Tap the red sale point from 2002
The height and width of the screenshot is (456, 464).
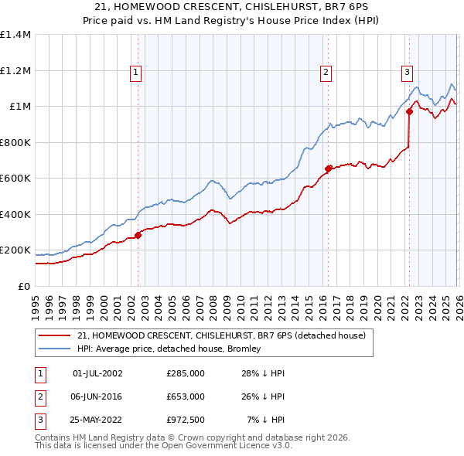pyautogui.click(x=138, y=235)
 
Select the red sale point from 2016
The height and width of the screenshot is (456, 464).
pyautogui.click(x=328, y=168)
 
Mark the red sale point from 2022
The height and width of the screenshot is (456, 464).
pyautogui.click(x=409, y=111)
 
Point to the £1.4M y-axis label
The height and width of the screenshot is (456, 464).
pyautogui.click(x=15, y=35)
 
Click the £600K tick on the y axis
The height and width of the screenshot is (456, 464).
pyautogui.click(x=15, y=178)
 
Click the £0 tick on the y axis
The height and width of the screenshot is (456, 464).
pyautogui.click(x=23, y=286)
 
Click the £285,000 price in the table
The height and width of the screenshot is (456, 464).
pyautogui.click(x=185, y=373)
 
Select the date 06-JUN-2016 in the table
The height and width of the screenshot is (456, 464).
pyautogui.click(x=97, y=396)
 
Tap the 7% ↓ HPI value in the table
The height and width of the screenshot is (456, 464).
pyautogui.click(x=266, y=420)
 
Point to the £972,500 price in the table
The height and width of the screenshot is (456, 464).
pyautogui.click(x=185, y=420)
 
